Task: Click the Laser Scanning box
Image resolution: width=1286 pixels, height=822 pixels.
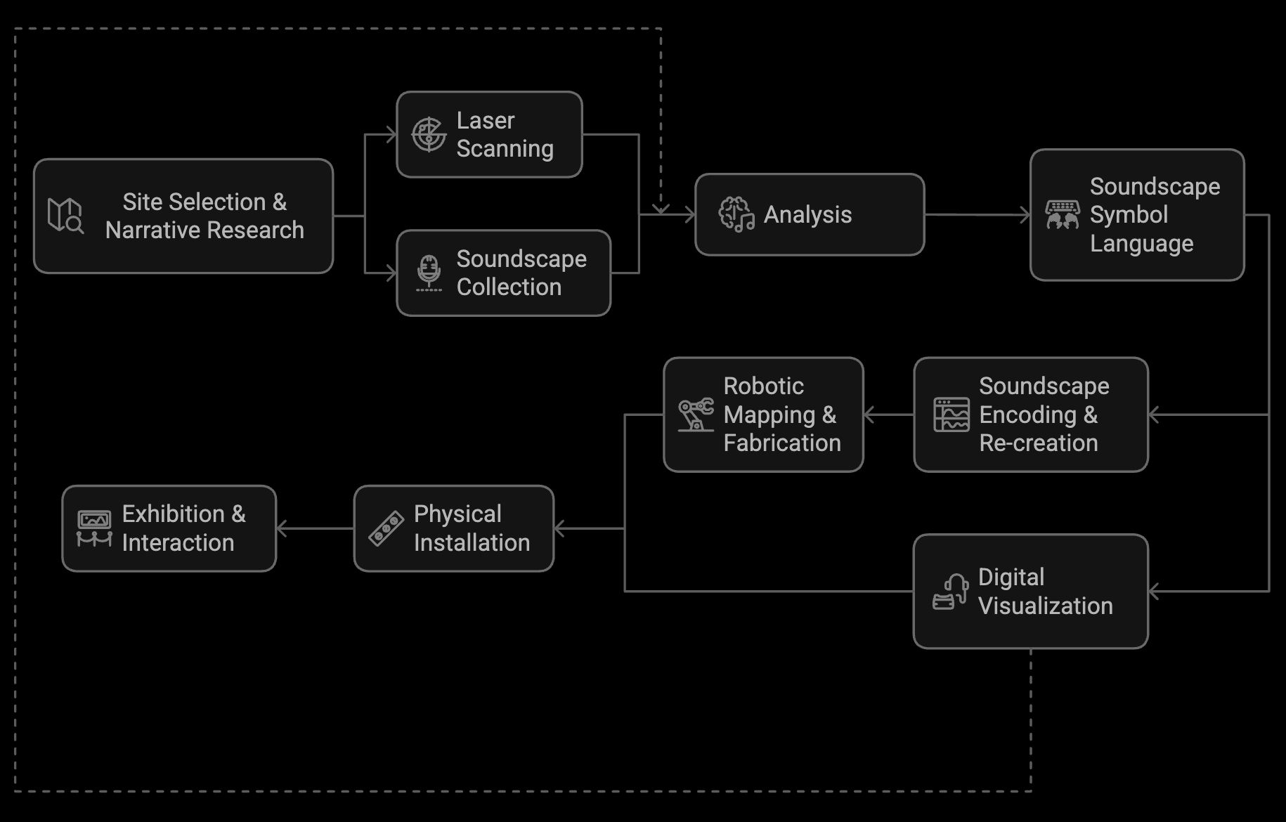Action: [490, 134]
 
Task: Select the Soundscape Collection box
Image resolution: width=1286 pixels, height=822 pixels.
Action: [504, 273]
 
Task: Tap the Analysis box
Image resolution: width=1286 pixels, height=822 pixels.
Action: [810, 214]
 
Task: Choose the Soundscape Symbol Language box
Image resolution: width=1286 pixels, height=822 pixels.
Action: [1137, 214]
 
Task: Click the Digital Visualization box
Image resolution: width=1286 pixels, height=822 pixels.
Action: [1030, 591]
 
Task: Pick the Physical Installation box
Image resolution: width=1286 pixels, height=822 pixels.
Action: [454, 528]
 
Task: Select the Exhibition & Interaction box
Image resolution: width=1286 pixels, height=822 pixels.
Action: [169, 528]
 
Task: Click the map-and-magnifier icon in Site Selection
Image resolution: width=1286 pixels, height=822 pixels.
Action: [65, 215]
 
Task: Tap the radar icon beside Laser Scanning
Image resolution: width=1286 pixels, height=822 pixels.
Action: [429, 134]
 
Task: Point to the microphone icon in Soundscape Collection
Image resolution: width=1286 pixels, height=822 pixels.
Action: [429, 273]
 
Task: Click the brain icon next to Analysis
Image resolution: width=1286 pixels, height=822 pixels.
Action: [736, 214]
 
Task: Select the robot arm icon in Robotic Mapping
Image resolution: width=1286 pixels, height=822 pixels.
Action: [696, 415]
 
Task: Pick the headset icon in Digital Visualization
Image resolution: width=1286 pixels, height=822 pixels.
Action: [950, 592]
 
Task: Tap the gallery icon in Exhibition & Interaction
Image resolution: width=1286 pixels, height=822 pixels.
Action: [94, 528]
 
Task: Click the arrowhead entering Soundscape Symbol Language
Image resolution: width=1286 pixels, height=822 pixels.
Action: [1025, 215]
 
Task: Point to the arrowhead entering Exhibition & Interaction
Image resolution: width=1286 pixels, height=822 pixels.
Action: [282, 528]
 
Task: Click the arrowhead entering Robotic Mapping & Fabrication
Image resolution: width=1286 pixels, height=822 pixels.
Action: [869, 415]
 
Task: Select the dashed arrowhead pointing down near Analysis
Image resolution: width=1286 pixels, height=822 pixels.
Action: [661, 208]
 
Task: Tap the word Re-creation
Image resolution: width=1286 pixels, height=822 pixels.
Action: [1038, 443]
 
